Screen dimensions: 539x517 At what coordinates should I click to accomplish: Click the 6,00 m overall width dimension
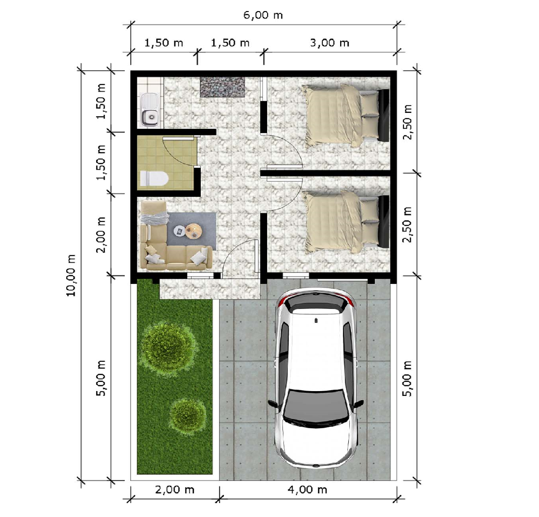pyautogui.click(x=263, y=15)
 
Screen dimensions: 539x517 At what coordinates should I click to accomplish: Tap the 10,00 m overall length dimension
pyautogui.click(x=71, y=275)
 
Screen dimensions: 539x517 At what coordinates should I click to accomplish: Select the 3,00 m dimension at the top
pyautogui.click(x=330, y=43)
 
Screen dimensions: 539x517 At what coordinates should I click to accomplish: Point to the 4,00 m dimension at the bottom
pyautogui.click(x=307, y=490)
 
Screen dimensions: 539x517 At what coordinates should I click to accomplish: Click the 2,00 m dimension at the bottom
pyautogui.click(x=175, y=490)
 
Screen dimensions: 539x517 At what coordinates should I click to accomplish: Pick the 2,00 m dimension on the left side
pyautogui.click(x=101, y=235)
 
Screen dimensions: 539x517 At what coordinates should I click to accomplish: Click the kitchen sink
pyautogui.click(x=150, y=110)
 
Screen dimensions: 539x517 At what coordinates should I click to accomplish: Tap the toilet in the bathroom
pyautogui.click(x=154, y=178)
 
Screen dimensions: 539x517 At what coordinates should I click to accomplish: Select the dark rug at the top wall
pyautogui.click(x=223, y=87)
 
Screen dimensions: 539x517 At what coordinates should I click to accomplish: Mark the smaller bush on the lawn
pyautogui.click(x=188, y=416)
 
